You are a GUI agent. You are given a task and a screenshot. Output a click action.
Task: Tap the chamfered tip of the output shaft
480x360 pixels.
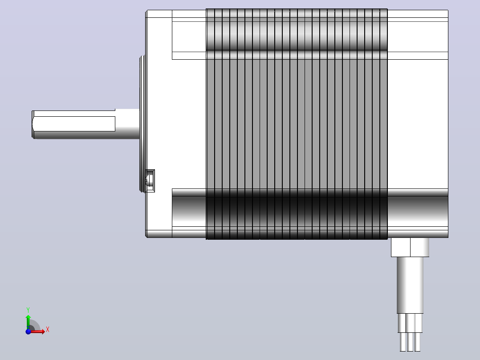tap(33, 125)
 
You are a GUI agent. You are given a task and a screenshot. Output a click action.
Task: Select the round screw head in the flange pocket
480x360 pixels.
tap(149, 180)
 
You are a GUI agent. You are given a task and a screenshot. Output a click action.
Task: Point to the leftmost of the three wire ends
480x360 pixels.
tap(403, 342)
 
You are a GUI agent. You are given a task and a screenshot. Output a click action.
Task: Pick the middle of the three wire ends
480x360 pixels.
tap(410, 342)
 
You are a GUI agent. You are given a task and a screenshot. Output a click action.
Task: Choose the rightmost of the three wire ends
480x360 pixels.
tap(418, 342)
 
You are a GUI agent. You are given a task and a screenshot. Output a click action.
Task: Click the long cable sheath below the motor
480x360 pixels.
tap(410, 285)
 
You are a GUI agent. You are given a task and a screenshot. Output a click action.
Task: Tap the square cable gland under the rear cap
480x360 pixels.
tap(410, 247)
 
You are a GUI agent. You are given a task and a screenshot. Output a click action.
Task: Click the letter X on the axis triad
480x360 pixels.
tap(48, 330)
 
